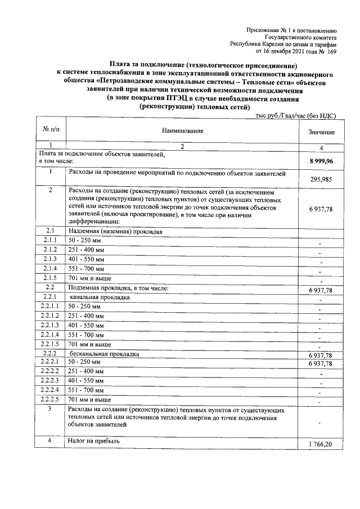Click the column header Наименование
(182, 131)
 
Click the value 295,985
(321, 179)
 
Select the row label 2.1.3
(51, 259)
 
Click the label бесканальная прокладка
(100, 354)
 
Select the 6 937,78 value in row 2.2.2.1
(321, 364)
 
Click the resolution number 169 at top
(331, 51)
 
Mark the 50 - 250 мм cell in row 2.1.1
(84, 240)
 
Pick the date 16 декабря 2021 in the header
(289, 51)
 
